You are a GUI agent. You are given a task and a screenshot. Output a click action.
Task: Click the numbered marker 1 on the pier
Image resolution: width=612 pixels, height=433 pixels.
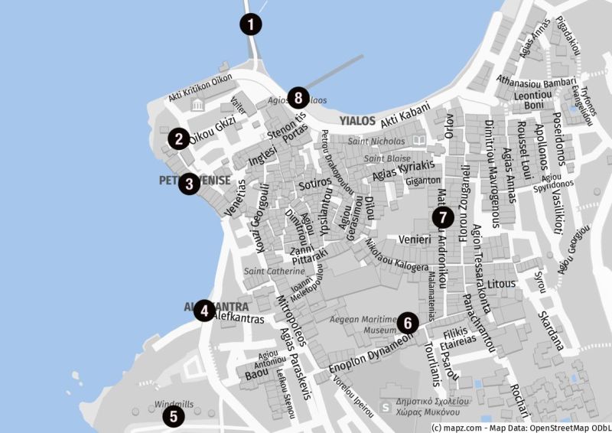click(249, 24)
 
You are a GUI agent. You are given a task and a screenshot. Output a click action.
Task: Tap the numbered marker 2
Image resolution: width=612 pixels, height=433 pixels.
click(178, 138)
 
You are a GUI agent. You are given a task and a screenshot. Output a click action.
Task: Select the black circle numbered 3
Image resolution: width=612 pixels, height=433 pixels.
click(189, 184)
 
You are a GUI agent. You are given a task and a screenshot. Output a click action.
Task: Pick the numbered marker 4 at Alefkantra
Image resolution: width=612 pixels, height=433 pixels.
click(203, 311)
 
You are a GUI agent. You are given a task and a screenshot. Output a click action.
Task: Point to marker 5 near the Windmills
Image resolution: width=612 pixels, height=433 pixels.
click(174, 416)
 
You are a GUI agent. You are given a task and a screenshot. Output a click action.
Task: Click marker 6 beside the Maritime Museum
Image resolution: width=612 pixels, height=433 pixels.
click(407, 323)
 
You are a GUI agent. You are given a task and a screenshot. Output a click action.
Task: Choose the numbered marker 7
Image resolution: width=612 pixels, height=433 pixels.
click(441, 217)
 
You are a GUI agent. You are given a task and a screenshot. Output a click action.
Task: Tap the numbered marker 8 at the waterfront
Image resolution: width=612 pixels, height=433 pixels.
click(298, 98)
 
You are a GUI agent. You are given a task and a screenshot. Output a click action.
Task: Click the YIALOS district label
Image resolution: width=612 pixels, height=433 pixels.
click(357, 121)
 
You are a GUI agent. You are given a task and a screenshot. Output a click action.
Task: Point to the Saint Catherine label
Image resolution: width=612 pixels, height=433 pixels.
click(274, 271)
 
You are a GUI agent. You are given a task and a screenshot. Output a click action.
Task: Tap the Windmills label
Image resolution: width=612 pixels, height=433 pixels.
click(174, 403)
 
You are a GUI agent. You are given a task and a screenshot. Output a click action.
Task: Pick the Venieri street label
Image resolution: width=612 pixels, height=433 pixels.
click(412, 239)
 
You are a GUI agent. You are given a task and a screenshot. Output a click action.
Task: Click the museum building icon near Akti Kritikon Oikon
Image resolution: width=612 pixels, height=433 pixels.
click(197, 105)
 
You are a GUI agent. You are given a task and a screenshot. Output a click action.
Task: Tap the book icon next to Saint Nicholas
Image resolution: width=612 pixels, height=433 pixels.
click(418, 141)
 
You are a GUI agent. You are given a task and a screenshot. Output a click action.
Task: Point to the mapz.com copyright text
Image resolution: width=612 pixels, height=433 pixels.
click(520, 427)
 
